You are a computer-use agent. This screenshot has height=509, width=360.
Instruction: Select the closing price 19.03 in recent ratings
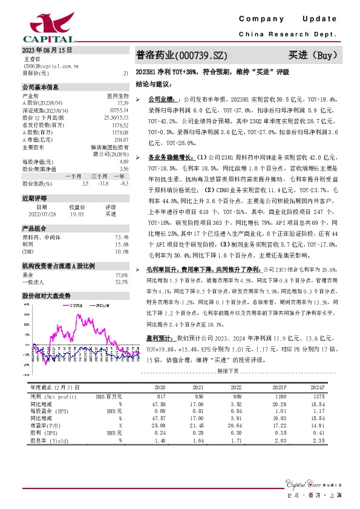pyautogui.click(x=77, y=213)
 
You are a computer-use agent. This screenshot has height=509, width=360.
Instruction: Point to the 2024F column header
pyautogui.click(x=317, y=386)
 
